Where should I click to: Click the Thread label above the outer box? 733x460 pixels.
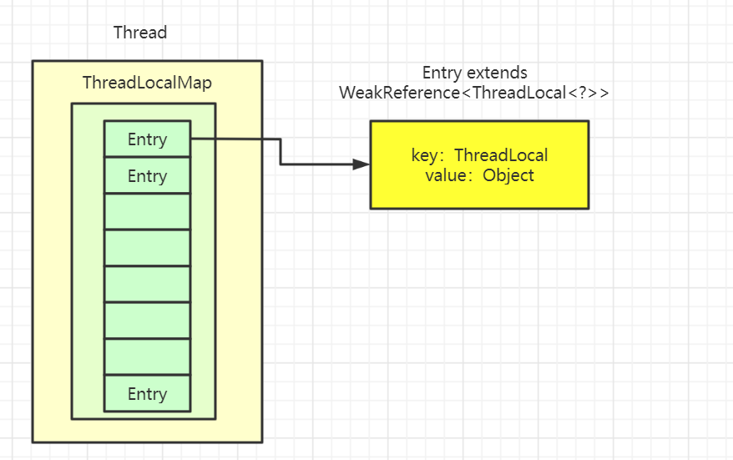point(140,33)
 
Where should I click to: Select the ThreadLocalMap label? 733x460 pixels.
point(147,83)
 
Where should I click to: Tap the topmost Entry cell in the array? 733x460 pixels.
point(147,139)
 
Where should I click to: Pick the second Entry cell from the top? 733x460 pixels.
point(147,176)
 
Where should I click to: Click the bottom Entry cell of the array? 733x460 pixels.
point(147,394)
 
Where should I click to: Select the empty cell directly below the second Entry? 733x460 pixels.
point(147,212)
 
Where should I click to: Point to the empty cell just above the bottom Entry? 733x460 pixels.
point(147,357)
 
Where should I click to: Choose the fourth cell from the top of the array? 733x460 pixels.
point(147,248)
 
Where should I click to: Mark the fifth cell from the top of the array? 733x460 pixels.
point(147,285)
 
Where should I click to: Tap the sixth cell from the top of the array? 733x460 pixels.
point(147,321)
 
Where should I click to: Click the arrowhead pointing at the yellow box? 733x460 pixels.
point(361,164)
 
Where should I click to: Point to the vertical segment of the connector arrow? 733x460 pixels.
point(280,152)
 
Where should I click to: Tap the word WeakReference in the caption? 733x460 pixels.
point(400,93)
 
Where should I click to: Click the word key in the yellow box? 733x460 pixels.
point(425,156)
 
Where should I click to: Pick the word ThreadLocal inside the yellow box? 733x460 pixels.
point(501,156)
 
